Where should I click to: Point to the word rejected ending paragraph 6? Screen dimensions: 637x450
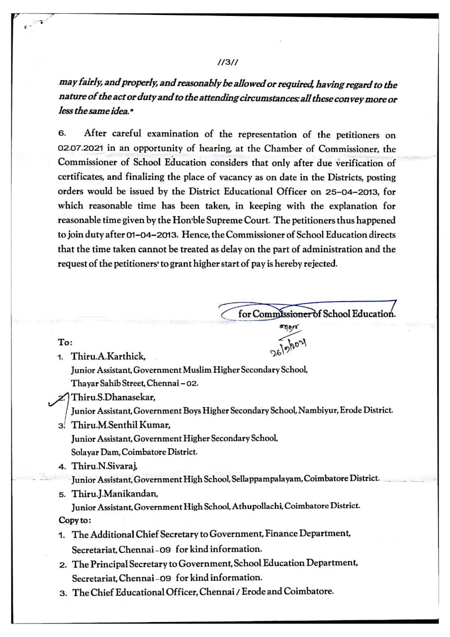[319, 264]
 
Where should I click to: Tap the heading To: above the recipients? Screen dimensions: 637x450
[66, 343]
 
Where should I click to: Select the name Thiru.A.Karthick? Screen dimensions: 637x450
[108, 357]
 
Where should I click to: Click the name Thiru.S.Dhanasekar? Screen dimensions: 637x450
[114, 397]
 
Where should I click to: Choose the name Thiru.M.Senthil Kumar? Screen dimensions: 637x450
[121, 425]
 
